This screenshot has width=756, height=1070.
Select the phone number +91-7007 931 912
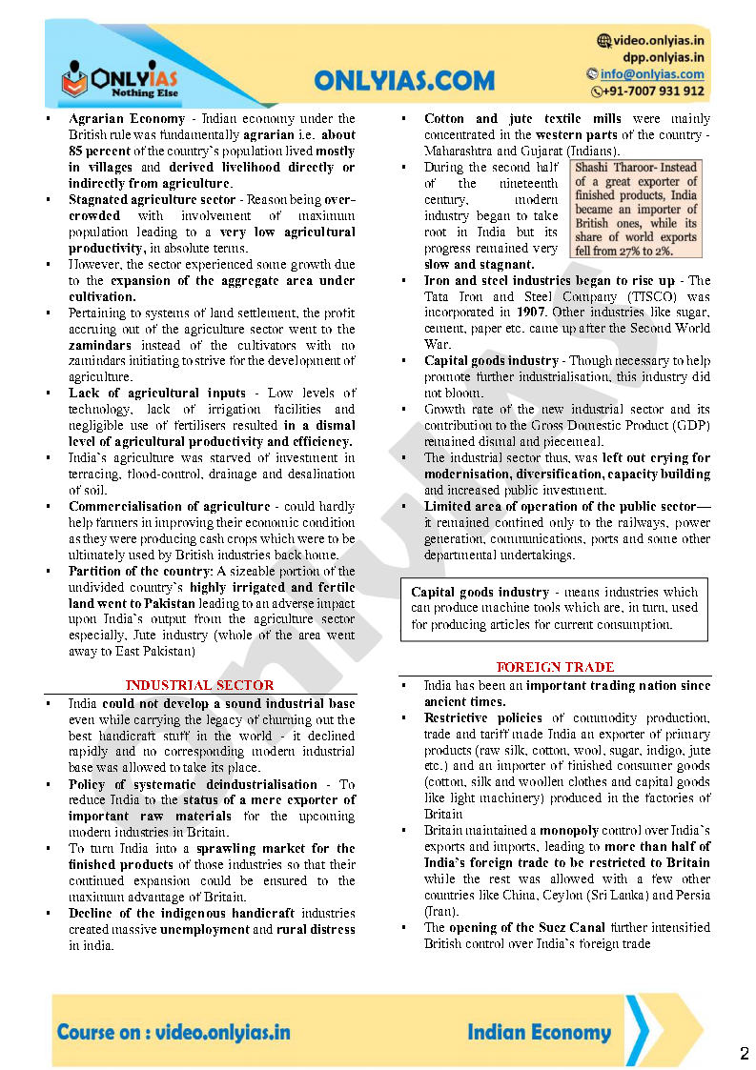click(x=654, y=91)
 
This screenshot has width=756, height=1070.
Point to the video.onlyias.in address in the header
click(x=657, y=40)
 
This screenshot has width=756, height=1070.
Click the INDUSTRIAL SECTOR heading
click(x=199, y=685)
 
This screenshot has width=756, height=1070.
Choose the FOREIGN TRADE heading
click(x=555, y=667)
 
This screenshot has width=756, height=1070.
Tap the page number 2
click(x=744, y=1053)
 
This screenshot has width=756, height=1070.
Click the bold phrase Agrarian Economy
click(x=127, y=119)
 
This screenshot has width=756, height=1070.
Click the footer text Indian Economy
click(x=539, y=1032)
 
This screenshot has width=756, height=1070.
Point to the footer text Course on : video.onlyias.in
click(x=174, y=1032)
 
